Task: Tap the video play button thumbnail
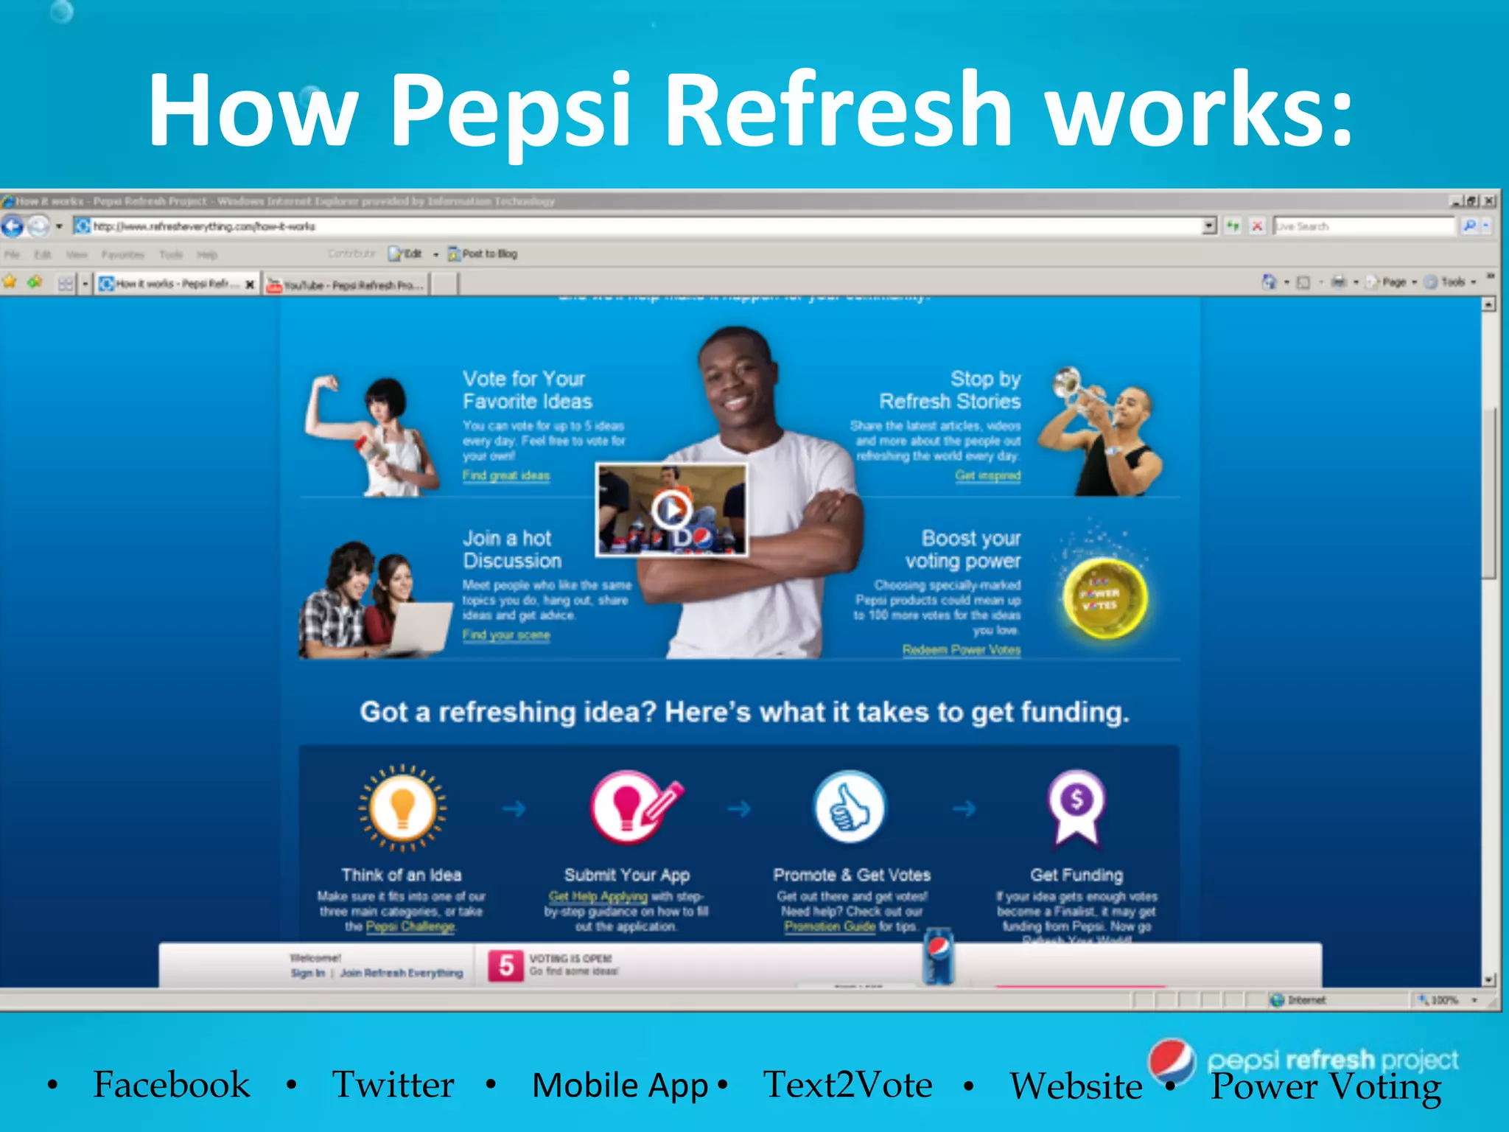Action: click(x=671, y=509)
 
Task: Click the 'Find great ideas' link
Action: click(x=506, y=475)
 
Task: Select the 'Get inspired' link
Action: click(x=987, y=475)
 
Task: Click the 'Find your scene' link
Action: click(x=506, y=635)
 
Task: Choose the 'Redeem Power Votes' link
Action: click(x=962, y=649)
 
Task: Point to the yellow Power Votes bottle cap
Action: click(x=1103, y=598)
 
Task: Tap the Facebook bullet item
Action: click(x=171, y=1084)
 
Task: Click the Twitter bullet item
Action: click(x=393, y=1084)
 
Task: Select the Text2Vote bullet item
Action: click(x=847, y=1084)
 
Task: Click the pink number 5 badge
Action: click(x=506, y=965)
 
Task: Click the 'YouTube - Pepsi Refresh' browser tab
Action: click(x=346, y=284)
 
